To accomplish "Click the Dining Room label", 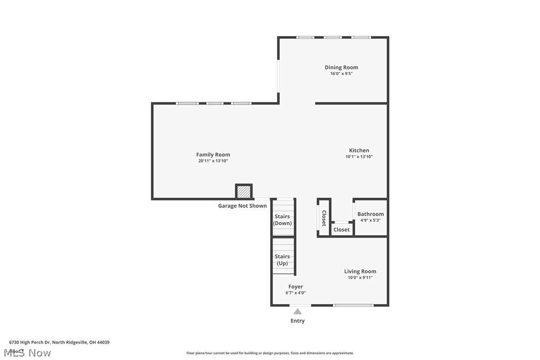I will point(341,67).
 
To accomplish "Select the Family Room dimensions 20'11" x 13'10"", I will point(213,161).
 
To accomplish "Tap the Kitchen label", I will point(359,150).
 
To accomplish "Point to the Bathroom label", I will point(370,214).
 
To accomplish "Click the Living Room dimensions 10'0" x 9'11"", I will point(360,278).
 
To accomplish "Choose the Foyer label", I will point(295,286).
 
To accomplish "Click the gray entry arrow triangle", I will point(297,312).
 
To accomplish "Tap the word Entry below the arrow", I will point(297,321).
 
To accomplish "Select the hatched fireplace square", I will point(244,191).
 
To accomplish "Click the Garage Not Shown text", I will point(242,206).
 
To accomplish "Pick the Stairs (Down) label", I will point(282,220).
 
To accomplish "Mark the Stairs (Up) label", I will point(282,260).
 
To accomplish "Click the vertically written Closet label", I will point(324,218).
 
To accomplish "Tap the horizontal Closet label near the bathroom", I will point(342,230).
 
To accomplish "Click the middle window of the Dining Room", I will point(333,37).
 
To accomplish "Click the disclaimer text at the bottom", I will point(270,353).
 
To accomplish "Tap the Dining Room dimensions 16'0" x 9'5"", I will point(341,74).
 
